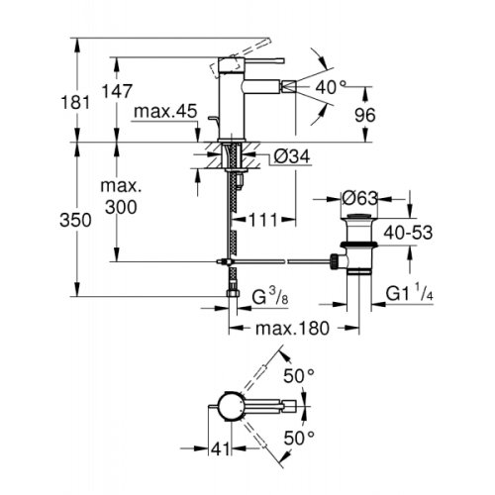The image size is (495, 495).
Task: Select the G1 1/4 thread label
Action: click(407, 292)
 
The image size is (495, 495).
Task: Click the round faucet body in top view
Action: click(230, 408)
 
